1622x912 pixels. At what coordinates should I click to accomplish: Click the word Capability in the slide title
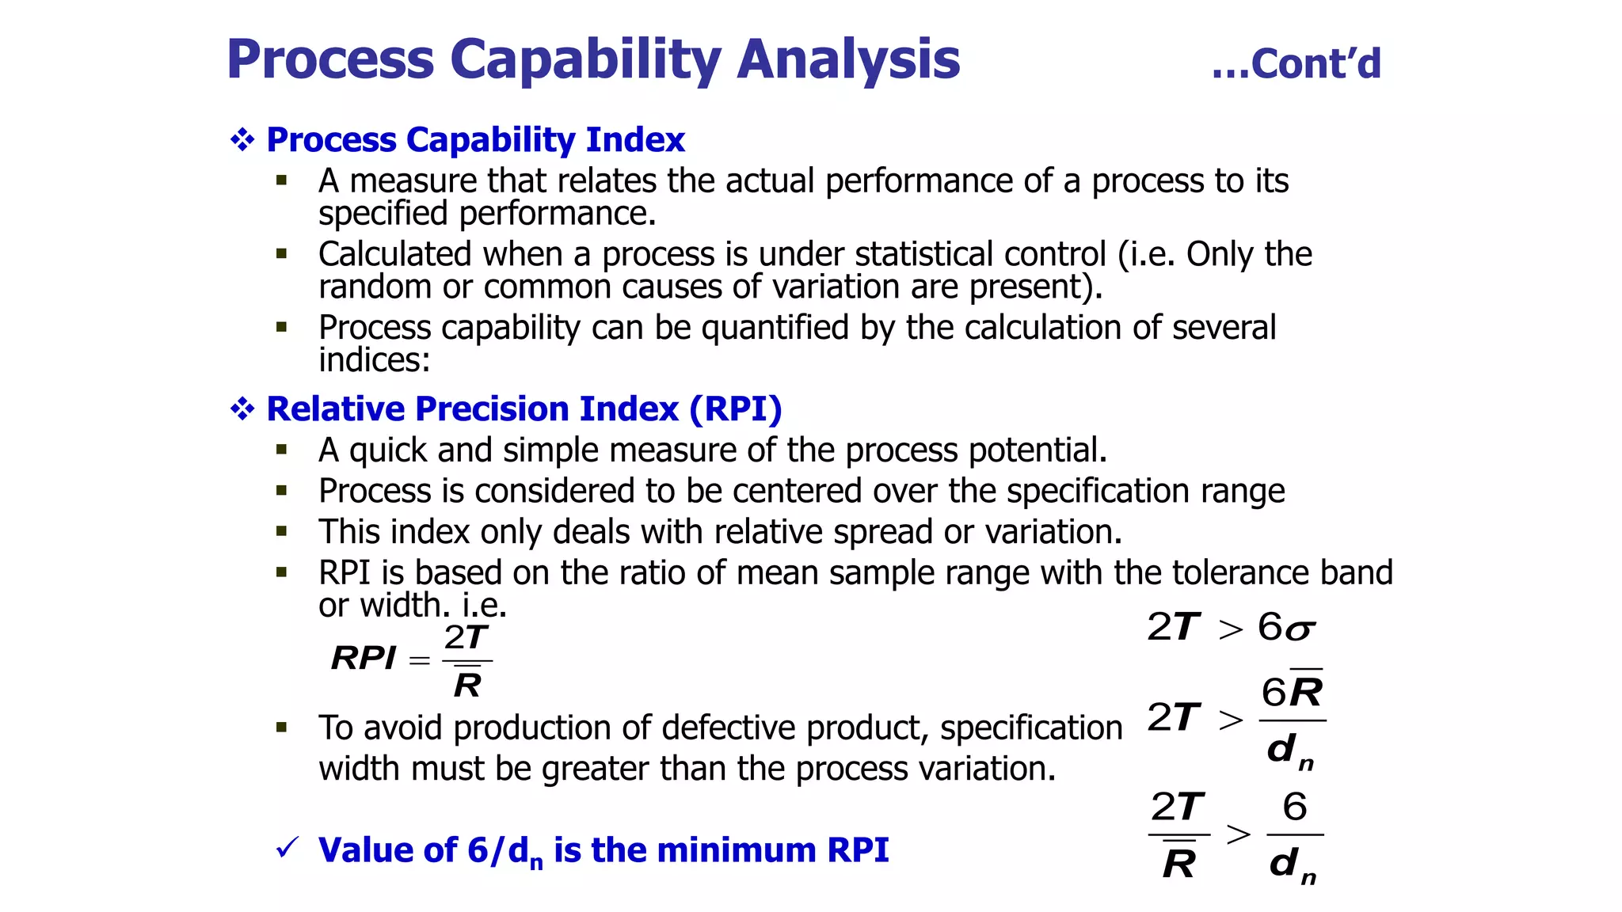[585, 61]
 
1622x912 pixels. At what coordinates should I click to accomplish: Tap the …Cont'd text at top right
[1296, 64]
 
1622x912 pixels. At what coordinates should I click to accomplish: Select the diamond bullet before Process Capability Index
[242, 140]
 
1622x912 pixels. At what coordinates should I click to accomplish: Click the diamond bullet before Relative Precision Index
[242, 409]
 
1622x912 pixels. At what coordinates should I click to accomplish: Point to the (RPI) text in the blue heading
[735, 409]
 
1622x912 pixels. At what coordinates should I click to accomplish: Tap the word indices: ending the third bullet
[375, 360]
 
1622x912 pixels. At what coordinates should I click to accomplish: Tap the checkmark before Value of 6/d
[287, 848]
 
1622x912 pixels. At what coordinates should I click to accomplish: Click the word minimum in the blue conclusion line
[736, 850]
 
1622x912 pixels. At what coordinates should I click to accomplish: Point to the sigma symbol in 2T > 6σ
[1300, 630]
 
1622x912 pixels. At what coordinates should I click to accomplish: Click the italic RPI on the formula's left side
[364, 658]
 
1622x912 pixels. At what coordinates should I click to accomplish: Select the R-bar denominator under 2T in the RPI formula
[467, 683]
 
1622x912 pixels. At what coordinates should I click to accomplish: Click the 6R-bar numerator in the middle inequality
[1292, 691]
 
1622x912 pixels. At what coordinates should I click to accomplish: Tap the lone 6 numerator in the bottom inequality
[1295, 806]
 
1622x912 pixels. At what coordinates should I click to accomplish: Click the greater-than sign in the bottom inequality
[1239, 834]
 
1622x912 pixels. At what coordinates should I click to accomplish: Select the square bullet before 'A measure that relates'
[281, 180]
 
